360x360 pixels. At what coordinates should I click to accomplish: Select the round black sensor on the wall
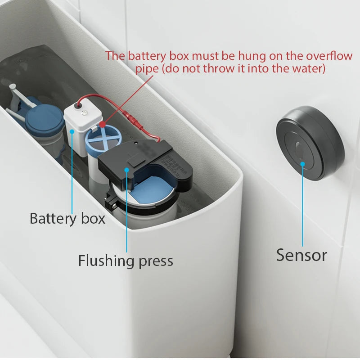[x=310, y=143]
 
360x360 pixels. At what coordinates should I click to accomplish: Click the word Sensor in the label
[x=301, y=255]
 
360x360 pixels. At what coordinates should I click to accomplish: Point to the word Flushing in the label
[x=106, y=261]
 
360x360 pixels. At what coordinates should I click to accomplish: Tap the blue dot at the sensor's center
[x=302, y=164]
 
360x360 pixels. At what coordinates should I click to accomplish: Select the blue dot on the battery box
[x=72, y=131]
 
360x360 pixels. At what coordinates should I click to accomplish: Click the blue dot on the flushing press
[x=127, y=170]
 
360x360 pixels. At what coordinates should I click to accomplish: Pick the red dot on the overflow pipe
[x=103, y=124]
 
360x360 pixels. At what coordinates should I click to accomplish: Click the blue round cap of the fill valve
[x=44, y=118]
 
